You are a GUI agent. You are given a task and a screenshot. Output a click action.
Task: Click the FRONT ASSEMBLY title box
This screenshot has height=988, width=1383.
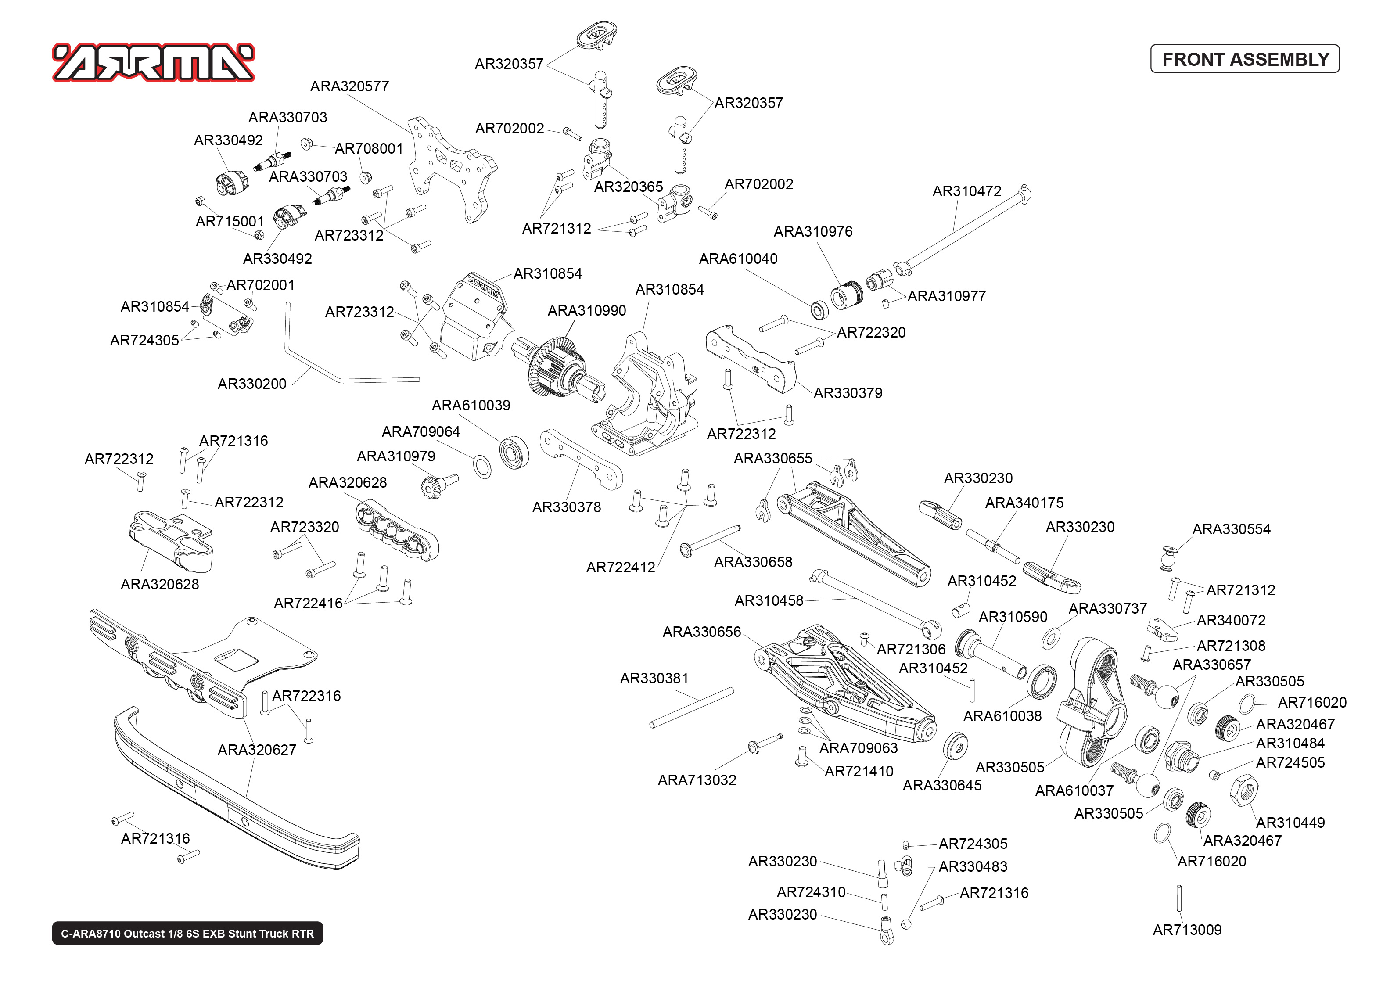point(1244,59)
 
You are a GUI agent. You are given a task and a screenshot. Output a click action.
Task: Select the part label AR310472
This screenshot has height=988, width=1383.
point(966,191)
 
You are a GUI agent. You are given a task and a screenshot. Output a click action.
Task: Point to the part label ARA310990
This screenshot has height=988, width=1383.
point(586,311)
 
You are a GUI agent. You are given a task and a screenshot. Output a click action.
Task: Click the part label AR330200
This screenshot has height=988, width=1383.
point(252,384)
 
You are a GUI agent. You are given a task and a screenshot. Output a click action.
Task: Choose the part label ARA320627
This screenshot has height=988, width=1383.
point(257,750)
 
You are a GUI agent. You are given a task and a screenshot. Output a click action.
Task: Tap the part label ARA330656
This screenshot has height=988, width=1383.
point(701,632)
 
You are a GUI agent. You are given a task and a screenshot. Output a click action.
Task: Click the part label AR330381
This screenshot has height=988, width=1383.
point(654,678)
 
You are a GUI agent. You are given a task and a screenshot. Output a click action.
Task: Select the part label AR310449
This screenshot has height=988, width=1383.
point(1290,823)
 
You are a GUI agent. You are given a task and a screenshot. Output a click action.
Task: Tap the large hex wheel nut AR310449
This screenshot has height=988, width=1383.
point(1244,791)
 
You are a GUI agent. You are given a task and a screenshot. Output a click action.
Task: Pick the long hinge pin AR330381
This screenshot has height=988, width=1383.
point(692,708)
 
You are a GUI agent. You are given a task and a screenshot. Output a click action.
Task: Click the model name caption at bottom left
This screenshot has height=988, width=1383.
point(187,933)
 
